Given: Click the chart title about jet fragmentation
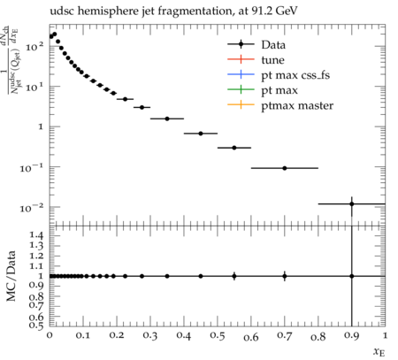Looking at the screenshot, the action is pyautogui.click(x=173, y=11).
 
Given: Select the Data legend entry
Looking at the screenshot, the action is pyautogui.click(x=256, y=44).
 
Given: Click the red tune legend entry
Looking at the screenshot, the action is pyautogui.click(x=256, y=60).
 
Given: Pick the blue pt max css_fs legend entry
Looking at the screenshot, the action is pyautogui.click(x=279, y=75).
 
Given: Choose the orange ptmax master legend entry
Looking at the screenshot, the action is pyautogui.click(x=280, y=105).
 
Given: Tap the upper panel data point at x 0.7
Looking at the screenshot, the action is pyautogui.click(x=285, y=168).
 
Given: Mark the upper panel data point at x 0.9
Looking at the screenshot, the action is pyautogui.click(x=352, y=203).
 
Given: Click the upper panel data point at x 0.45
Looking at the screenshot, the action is pyautogui.click(x=201, y=134).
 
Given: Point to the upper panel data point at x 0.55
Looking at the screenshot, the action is pyautogui.click(x=234, y=148).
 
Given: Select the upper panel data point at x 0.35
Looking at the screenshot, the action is pyautogui.click(x=167, y=119).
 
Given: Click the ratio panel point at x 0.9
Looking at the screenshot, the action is pyautogui.click(x=352, y=276).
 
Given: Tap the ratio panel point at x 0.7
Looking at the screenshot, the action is pyautogui.click(x=285, y=276).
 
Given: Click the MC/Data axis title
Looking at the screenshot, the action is pyautogui.click(x=11, y=276).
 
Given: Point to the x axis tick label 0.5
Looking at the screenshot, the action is pyautogui.click(x=218, y=336).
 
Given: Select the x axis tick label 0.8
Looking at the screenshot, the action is pyautogui.click(x=318, y=336).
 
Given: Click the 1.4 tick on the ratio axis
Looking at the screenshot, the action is pyautogui.click(x=36, y=235).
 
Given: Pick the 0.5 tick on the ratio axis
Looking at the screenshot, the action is pyautogui.click(x=36, y=325).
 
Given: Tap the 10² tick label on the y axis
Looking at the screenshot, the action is pyautogui.click(x=34, y=46).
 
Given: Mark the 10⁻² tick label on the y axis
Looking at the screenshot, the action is pyautogui.click(x=32, y=208).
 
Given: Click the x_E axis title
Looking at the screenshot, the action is pyautogui.click(x=379, y=352).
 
